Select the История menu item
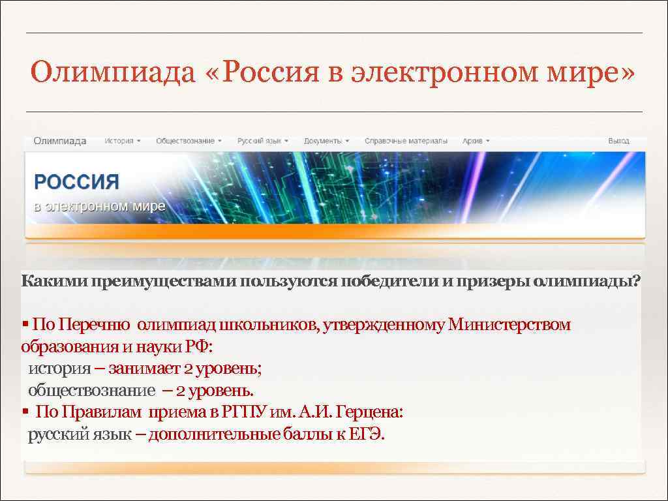tap(122, 141)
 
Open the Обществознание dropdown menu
tap(189, 141)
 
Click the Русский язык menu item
tap(262, 141)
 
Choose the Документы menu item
tap(326, 141)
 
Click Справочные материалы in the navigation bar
tap(406, 141)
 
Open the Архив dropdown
tap(476, 141)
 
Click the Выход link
tap(618, 141)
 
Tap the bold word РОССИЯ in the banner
tap(76, 182)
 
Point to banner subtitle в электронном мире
tap(99, 207)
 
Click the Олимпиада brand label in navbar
tap(60, 141)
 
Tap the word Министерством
tap(509, 325)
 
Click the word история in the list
tap(59, 369)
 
